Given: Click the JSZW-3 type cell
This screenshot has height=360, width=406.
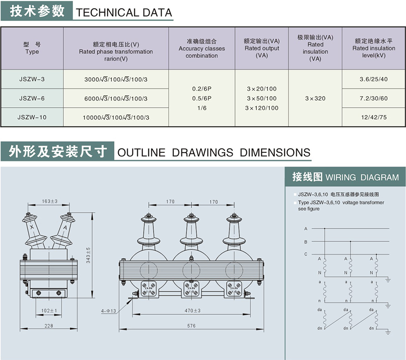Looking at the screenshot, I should (32, 79).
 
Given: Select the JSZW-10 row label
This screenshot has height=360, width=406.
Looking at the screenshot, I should (32, 117).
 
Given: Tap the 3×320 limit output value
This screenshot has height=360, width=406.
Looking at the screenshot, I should (315, 99).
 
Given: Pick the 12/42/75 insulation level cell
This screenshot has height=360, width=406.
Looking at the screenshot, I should (374, 117).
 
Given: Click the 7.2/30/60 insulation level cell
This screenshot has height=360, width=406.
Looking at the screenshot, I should (374, 99).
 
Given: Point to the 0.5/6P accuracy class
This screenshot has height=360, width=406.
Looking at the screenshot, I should (202, 98).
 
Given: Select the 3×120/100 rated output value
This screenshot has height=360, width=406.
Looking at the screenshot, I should (261, 108).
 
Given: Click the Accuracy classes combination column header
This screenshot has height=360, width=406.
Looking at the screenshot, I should (202, 48).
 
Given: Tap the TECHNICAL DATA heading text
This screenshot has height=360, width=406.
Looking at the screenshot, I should (124, 12).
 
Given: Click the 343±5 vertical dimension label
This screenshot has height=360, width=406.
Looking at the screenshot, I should (88, 255).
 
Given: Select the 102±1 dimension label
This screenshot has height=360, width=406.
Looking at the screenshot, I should (49, 311).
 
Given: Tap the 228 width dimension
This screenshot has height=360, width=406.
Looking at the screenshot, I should (49, 326).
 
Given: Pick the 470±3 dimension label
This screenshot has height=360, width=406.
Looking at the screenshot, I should (192, 311).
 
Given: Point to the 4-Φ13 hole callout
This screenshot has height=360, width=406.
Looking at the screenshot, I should (108, 312).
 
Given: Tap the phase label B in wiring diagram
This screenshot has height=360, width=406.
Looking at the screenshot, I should (306, 242).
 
